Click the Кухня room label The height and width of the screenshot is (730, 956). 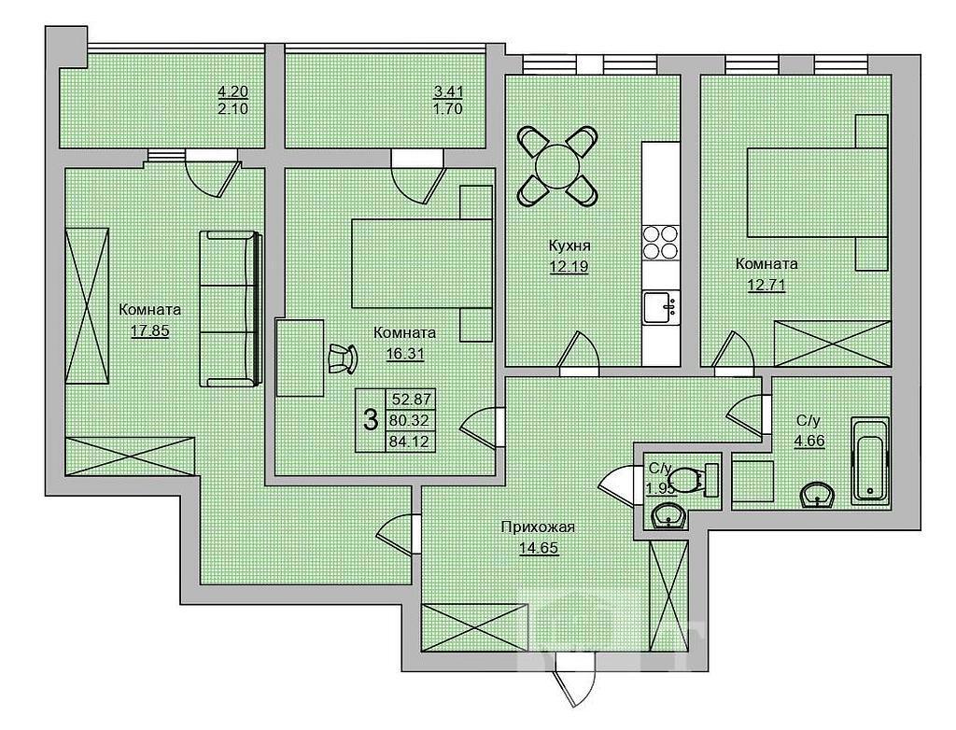(x=569, y=246)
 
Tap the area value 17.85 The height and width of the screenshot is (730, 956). (x=149, y=330)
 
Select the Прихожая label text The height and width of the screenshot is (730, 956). (x=539, y=526)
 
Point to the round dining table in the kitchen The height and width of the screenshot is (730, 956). (x=557, y=165)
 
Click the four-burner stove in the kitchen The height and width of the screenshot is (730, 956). (x=661, y=243)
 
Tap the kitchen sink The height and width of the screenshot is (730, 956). (x=660, y=307)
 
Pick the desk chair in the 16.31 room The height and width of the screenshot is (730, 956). (x=343, y=358)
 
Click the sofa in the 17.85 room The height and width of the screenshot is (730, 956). (x=232, y=309)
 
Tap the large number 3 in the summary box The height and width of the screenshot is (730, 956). (x=370, y=420)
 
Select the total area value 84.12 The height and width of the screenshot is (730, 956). (x=411, y=440)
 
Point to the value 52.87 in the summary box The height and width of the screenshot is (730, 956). (x=411, y=400)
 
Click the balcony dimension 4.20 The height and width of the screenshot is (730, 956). (x=232, y=91)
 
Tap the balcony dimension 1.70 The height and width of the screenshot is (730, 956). (x=448, y=109)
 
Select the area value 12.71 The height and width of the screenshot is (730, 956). (x=766, y=285)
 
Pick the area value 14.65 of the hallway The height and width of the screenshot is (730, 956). (x=539, y=547)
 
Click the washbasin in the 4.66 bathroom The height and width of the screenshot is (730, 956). (x=816, y=495)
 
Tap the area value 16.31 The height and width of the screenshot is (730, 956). (x=405, y=354)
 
